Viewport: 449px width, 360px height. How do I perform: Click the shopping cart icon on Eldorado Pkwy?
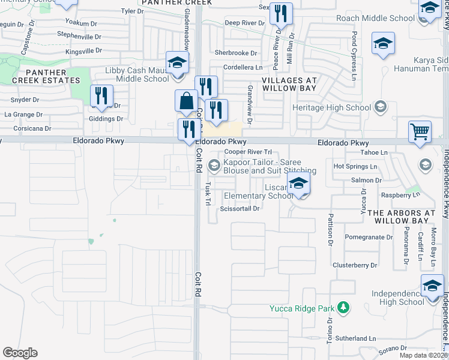click(x=419, y=131)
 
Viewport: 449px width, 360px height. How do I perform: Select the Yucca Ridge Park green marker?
click(x=343, y=308)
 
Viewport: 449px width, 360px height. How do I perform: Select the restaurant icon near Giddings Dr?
click(x=101, y=95)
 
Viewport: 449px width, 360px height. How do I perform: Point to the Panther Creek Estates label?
click(x=46, y=76)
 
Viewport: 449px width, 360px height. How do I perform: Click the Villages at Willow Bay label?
click(x=289, y=83)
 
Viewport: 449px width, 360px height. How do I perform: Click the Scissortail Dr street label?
click(x=240, y=209)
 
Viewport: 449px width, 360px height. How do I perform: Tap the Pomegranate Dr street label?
click(x=369, y=238)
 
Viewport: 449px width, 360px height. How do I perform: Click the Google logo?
click(x=20, y=353)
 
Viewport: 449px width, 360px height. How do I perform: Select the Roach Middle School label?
click(x=375, y=18)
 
